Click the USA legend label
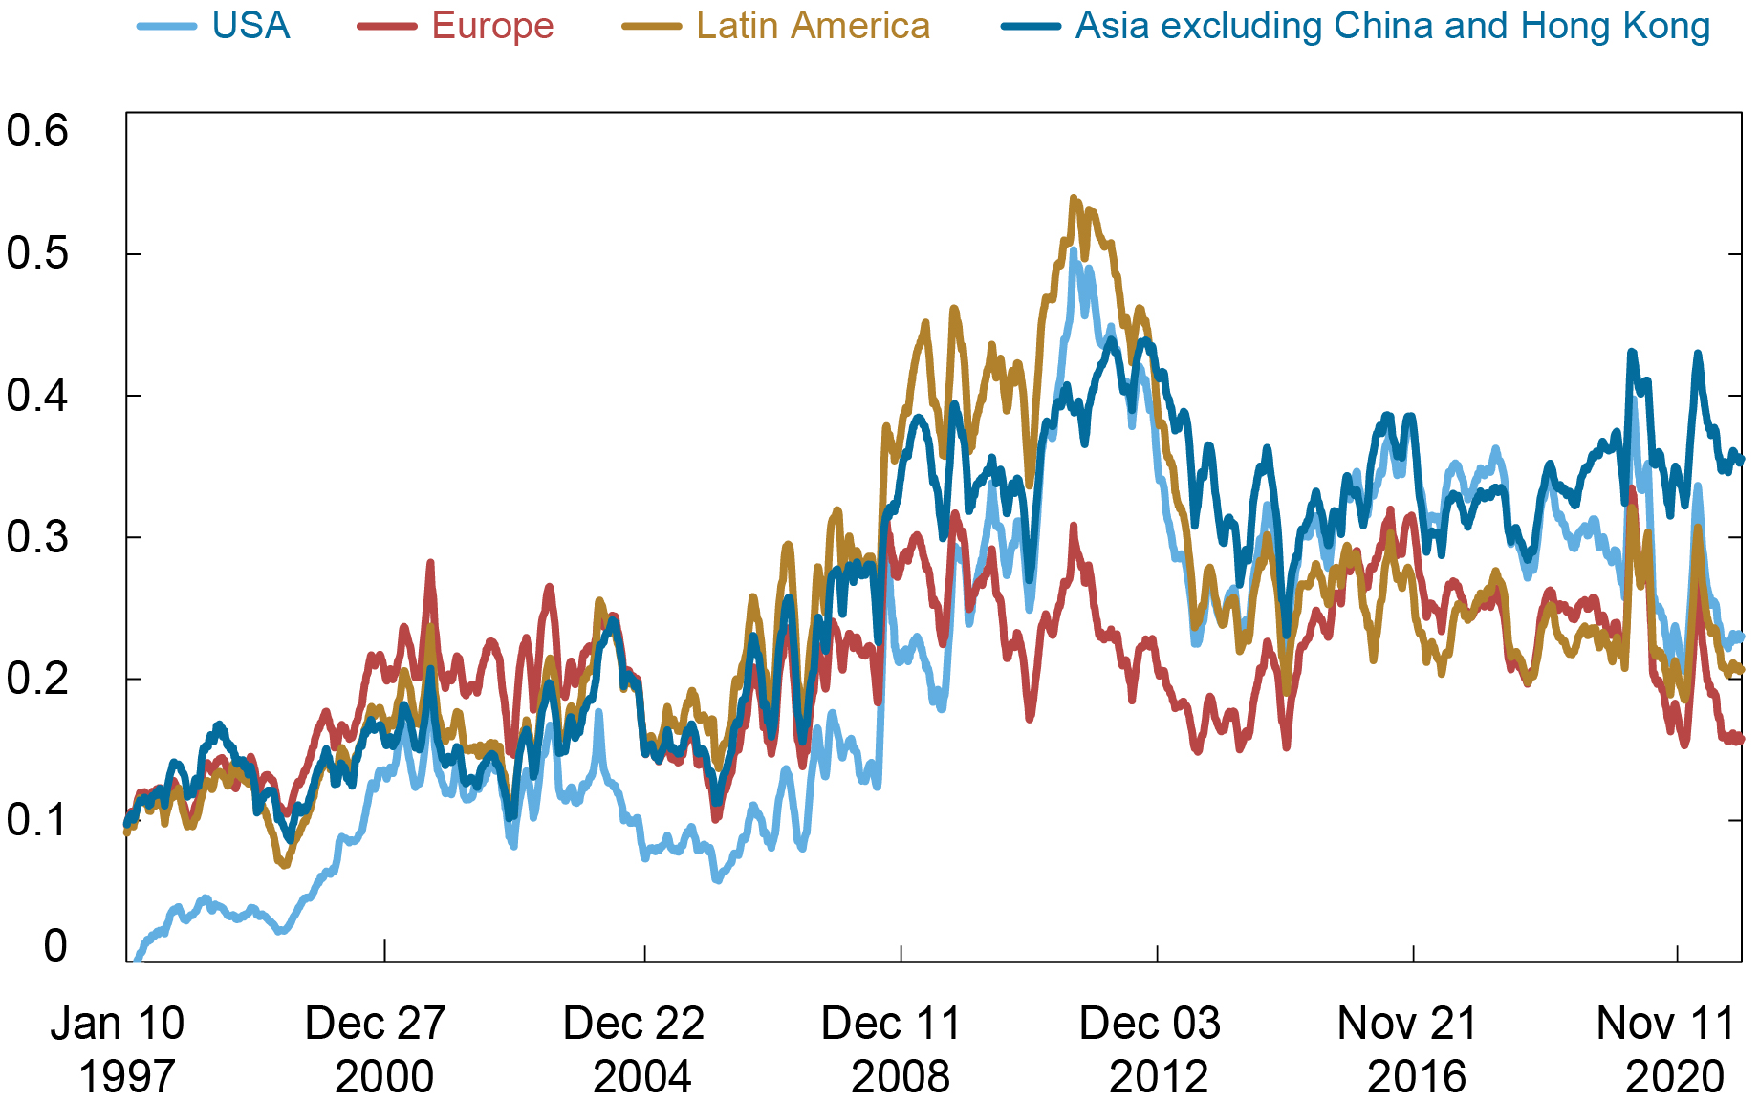(x=250, y=26)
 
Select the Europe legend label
(x=492, y=26)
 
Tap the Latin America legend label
(x=813, y=26)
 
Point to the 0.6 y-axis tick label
(x=37, y=131)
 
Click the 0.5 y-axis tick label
(x=37, y=253)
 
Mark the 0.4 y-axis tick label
(x=37, y=395)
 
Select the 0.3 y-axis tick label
(x=37, y=536)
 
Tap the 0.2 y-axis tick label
(x=37, y=678)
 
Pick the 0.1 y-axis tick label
(x=37, y=819)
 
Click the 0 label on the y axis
(x=55, y=945)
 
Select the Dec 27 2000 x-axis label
(x=376, y=1049)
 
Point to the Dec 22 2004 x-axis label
(x=634, y=1049)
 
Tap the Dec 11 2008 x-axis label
(x=892, y=1049)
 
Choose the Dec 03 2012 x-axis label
(x=1150, y=1049)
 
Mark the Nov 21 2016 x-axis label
(x=1408, y=1049)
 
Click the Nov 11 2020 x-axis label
(x=1666, y=1049)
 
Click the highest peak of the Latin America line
(x=1074, y=199)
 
